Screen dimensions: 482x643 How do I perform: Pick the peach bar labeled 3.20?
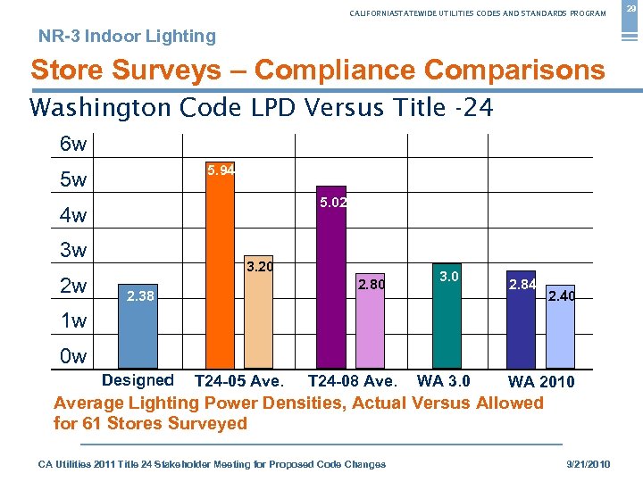pyautogui.click(x=259, y=317)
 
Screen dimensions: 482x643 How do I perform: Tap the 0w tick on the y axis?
pyautogui.click(x=73, y=357)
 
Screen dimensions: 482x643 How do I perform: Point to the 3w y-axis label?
pyautogui.click(x=73, y=250)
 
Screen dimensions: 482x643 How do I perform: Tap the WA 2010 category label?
pyautogui.click(x=541, y=383)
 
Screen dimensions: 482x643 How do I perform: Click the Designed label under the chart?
pyautogui.click(x=138, y=380)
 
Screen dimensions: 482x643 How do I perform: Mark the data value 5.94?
pyautogui.click(x=221, y=170)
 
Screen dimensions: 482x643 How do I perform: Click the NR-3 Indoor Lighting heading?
pyautogui.click(x=127, y=37)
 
